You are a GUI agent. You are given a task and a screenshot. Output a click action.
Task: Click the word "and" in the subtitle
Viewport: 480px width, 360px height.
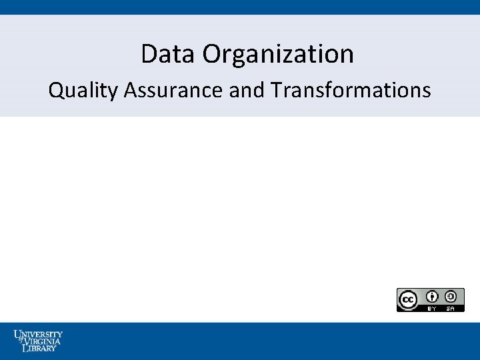click(247, 90)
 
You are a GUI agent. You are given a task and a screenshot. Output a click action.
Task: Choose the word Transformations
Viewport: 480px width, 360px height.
click(351, 90)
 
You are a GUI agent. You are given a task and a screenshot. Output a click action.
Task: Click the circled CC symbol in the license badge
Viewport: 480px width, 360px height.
click(407, 299)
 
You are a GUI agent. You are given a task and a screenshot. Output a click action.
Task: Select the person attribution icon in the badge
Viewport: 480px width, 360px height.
click(432, 297)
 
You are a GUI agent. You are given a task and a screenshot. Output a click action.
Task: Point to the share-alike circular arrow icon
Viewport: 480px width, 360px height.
click(451, 297)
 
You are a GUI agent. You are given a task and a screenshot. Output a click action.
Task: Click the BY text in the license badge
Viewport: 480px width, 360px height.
click(432, 308)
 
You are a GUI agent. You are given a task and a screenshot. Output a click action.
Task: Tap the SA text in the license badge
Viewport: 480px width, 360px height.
click(451, 308)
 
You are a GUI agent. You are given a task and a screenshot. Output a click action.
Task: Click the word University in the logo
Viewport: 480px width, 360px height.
click(38, 333)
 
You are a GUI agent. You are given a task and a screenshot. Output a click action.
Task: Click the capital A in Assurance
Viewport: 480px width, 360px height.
click(129, 90)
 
